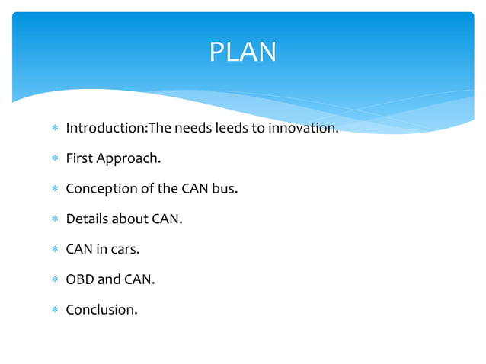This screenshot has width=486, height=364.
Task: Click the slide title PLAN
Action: tap(242, 53)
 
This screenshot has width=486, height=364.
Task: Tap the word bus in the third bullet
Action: tap(225, 189)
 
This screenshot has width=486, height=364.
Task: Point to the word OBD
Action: tap(79, 279)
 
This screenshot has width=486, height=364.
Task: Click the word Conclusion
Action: tap(101, 310)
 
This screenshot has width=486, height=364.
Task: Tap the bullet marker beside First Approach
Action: tap(54, 159)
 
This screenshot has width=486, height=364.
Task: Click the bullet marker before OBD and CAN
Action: tap(54, 280)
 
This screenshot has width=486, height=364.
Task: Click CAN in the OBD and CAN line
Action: tap(138, 279)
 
